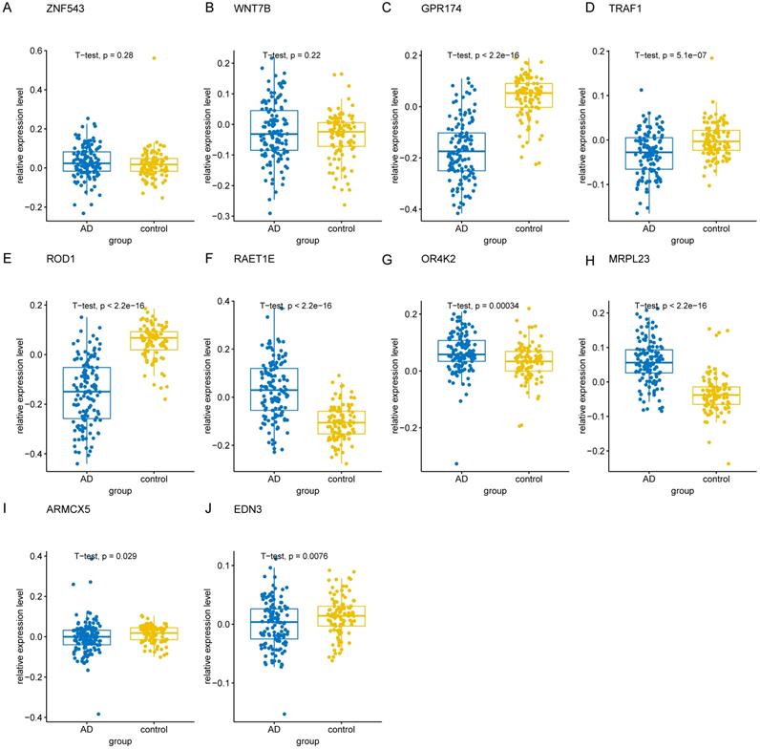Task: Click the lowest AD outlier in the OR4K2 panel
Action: [x=455, y=464]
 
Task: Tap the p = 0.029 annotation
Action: [x=111, y=555]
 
